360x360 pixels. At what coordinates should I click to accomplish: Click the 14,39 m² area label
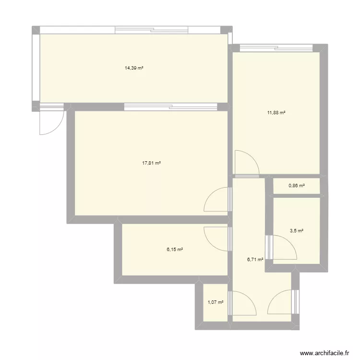click(134, 68)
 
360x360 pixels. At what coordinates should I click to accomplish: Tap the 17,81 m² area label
click(151, 163)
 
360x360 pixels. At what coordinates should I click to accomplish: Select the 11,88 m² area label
click(276, 113)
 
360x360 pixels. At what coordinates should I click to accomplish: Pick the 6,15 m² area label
click(175, 249)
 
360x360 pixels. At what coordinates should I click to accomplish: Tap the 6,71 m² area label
click(255, 260)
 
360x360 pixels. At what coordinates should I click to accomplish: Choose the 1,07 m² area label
click(216, 302)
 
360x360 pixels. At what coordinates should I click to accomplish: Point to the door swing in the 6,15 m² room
click(217, 238)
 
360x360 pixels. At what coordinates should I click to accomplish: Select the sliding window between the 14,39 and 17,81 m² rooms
click(175, 107)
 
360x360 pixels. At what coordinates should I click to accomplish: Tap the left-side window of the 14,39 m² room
click(36, 68)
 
